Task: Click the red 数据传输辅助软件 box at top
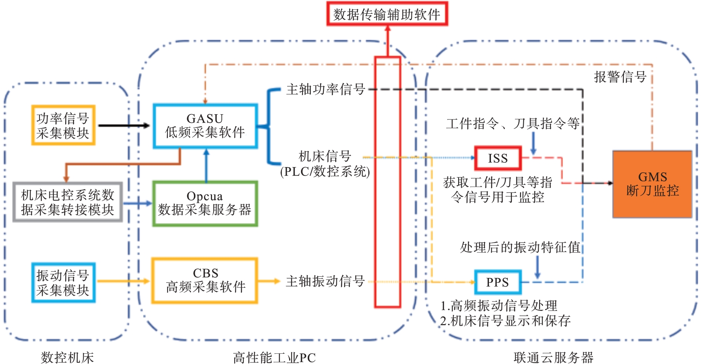point(387,14)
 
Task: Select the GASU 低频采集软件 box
point(205,126)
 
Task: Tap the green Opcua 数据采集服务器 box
point(205,204)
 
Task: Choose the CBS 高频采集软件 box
point(205,281)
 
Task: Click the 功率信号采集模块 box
point(63,125)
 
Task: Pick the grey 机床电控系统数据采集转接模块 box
point(68,202)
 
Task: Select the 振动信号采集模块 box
point(63,283)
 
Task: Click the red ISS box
point(498,158)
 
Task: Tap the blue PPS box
point(498,282)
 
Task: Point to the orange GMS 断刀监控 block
point(652,184)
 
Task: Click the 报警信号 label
point(620,77)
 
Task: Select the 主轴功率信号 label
point(326,89)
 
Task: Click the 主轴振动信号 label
point(325,281)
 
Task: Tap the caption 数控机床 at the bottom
point(68,357)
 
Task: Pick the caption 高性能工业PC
point(274,357)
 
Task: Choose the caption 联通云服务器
point(553,357)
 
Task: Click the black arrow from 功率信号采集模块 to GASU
point(124,126)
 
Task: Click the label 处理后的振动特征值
point(520,247)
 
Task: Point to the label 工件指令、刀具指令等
point(513,124)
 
